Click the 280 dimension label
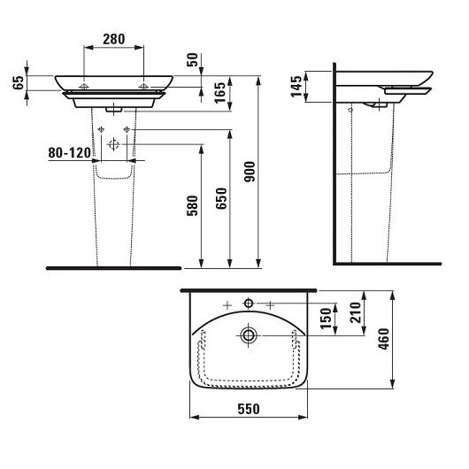click(114, 39)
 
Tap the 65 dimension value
click(19, 82)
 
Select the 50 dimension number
click(192, 60)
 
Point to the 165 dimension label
click(220, 93)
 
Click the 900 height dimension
click(250, 172)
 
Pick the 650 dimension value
click(221, 198)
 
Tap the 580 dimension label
click(192, 206)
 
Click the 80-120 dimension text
click(69, 153)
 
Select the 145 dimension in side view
click(296, 87)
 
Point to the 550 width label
click(249, 409)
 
